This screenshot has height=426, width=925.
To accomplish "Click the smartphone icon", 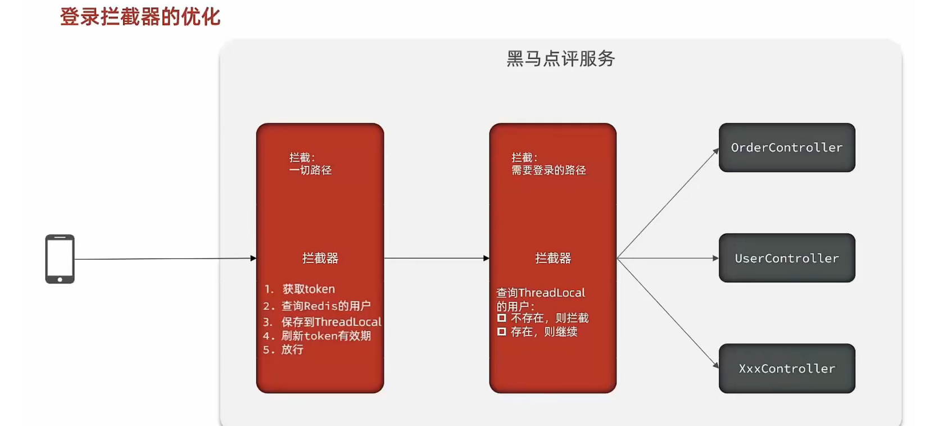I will pos(60,259).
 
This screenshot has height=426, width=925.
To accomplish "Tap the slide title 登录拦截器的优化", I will pos(140,17).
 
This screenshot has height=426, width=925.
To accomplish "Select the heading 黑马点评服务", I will pos(560,58).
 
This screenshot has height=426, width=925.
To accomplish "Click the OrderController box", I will pos(787,148).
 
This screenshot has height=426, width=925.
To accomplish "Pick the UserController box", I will pos(787,258).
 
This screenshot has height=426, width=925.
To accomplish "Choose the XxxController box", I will pos(787,369).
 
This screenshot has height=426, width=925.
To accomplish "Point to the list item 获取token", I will pos(309,289).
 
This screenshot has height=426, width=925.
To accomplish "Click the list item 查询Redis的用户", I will pos(326,306).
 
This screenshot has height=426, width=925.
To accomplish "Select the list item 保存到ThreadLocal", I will pos(331,321).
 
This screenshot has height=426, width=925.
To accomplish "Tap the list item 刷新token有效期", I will pos(326,336).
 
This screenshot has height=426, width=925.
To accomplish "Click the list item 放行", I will pos(292,350).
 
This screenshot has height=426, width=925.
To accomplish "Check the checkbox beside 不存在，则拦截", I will pos(502,318).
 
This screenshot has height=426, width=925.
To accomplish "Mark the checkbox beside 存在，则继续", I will pos(502,332).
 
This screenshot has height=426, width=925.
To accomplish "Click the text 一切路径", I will pos(310,170).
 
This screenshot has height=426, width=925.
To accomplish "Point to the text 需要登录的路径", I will pos(548,170).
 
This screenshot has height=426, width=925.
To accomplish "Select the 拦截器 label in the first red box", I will pos(320,258).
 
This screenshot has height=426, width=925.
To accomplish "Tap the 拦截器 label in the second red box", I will pos(553,258).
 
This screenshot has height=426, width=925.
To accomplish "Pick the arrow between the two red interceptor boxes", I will pos(437,259).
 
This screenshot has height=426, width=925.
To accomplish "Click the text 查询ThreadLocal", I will pos(541,293).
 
